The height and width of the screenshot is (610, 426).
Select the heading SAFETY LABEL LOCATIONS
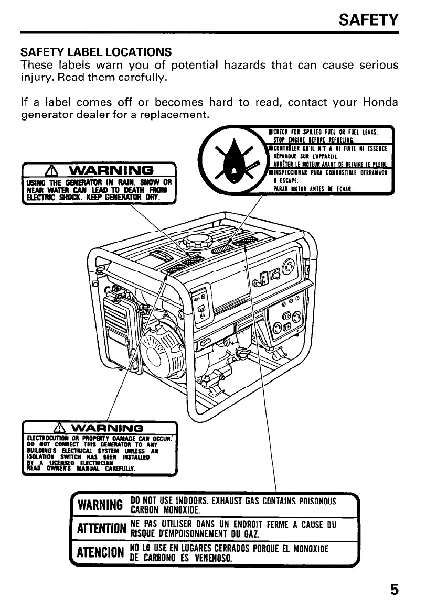[95, 52]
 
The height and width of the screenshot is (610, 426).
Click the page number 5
[394, 590]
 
